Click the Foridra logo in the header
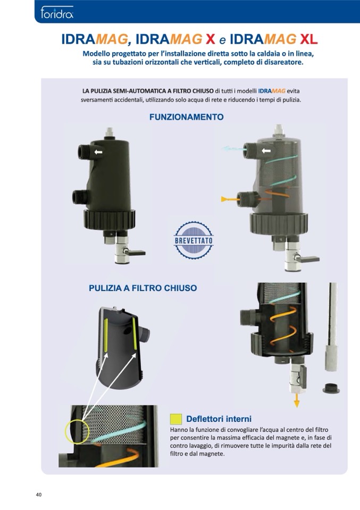(x=57, y=13)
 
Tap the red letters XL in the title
(x=308, y=40)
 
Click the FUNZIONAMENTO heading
(x=186, y=117)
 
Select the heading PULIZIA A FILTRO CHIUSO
(x=143, y=288)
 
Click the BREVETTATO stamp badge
(x=194, y=240)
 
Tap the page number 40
(x=39, y=495)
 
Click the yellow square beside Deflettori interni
(x=176, y=419)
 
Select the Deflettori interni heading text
(x=219, y=419)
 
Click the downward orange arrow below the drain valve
(x=297, y=400)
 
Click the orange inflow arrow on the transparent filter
(x=229, y=199)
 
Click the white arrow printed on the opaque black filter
(x=98, y=152)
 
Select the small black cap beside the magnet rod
(x=331, y=388)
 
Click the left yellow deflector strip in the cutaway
(x=106, y=335)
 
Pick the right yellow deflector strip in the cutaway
(x=135, y=335)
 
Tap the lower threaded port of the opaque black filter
(x=78, y=197)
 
